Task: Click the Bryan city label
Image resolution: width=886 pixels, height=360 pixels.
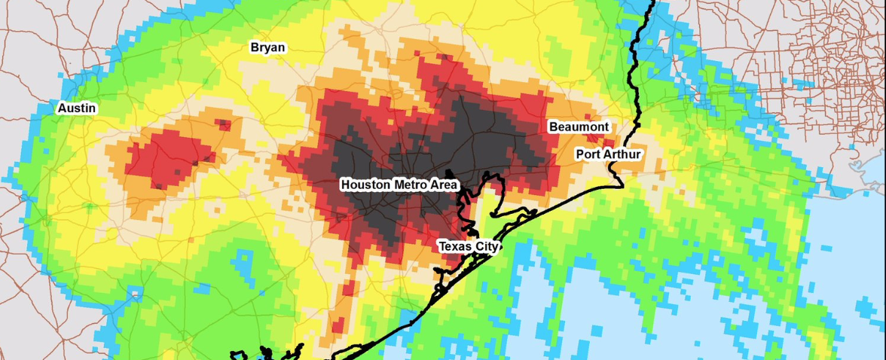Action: click(x=267, y=47)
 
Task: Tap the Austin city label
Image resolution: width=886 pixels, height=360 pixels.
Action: click(x=77, y=108)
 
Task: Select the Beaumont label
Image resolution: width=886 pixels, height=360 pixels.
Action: click(x=579, y=127)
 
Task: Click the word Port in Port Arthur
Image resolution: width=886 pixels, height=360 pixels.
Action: click(x=588, y=154)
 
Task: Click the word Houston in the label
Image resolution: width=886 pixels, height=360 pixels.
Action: click(x=365, y=184)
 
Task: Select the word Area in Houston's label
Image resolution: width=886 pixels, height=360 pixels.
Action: click(x=444, y=184)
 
